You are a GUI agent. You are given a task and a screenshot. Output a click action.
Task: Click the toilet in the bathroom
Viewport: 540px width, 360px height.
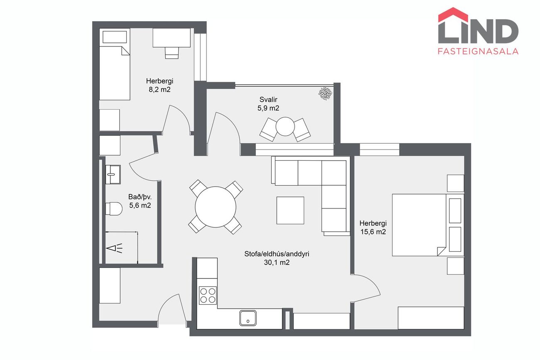click(114, 209)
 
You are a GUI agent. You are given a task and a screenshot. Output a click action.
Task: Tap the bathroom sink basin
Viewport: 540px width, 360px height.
click(113, 174)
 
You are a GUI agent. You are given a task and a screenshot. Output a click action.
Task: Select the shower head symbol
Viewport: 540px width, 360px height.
click(115, 248)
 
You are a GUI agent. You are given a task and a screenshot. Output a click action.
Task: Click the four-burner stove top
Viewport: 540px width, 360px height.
click(208, 295)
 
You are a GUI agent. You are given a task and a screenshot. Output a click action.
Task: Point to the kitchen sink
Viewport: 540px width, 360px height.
click(248, 318)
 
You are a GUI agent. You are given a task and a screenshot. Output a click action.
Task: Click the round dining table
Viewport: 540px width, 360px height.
click(216, 207)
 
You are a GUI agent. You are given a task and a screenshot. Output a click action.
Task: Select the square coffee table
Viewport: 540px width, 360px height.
click(290, 211)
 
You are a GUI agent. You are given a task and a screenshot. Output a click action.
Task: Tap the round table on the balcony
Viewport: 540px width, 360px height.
click(285, 127)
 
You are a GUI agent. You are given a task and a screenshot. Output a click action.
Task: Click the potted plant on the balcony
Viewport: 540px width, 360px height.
click(325, 93)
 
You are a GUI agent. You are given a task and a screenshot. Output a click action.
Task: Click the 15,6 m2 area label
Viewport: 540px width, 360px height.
click(373, 232)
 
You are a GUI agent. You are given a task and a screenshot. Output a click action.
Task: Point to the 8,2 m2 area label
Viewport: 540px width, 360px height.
click(160, 90)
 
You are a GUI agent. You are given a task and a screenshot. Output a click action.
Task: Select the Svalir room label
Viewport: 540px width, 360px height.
click(268, 99)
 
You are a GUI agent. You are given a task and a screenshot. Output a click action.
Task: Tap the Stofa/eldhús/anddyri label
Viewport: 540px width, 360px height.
click(277, 254)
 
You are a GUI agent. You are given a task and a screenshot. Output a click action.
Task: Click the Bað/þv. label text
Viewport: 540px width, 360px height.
click(140, 197)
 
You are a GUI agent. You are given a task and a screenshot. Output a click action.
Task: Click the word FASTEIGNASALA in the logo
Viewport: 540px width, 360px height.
click(478, 51)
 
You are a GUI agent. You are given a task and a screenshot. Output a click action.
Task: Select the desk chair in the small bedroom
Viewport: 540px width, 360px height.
click(172, 53)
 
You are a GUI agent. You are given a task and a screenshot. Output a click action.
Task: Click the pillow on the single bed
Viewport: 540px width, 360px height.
click(115, 37)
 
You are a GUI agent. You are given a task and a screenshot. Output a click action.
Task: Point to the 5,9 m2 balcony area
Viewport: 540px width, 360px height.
click(268, 108)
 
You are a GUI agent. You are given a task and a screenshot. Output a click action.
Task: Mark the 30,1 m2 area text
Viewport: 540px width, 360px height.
click(277, 262)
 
